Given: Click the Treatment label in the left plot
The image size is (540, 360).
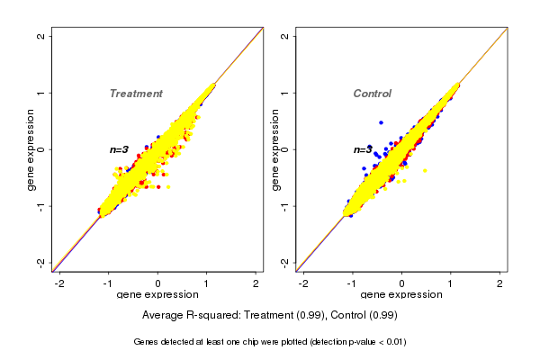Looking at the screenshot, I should click(x=136, y=94).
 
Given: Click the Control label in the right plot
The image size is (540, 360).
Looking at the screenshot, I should click(x=372, y=94).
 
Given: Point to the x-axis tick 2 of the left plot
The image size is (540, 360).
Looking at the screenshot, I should click(x=256, y=283).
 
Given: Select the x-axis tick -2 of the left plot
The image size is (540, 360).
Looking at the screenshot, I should click(x=59, y=283).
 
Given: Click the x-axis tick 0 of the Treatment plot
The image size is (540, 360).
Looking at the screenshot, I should click(x=158, y=283).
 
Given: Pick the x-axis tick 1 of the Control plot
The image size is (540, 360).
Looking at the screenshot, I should click(x=451, y=283).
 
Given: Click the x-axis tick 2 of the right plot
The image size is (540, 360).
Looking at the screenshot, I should click(x=500, y=283).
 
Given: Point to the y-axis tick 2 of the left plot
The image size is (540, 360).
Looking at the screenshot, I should click(x=40, y=36).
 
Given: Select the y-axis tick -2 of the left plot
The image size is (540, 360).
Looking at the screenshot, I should click(x=40, y=262).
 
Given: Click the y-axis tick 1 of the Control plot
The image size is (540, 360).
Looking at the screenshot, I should click(x=284, y=93).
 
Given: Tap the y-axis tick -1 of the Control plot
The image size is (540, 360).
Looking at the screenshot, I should click(x=284, y=205).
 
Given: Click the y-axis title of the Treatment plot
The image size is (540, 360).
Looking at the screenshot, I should click(x=31, y=149).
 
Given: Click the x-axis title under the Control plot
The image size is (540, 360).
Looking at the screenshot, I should click(x=401, y=295).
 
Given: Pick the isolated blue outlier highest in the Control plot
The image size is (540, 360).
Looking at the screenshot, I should click(x=381, y=122).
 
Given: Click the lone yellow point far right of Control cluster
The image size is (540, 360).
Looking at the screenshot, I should click(x=424, y=171).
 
